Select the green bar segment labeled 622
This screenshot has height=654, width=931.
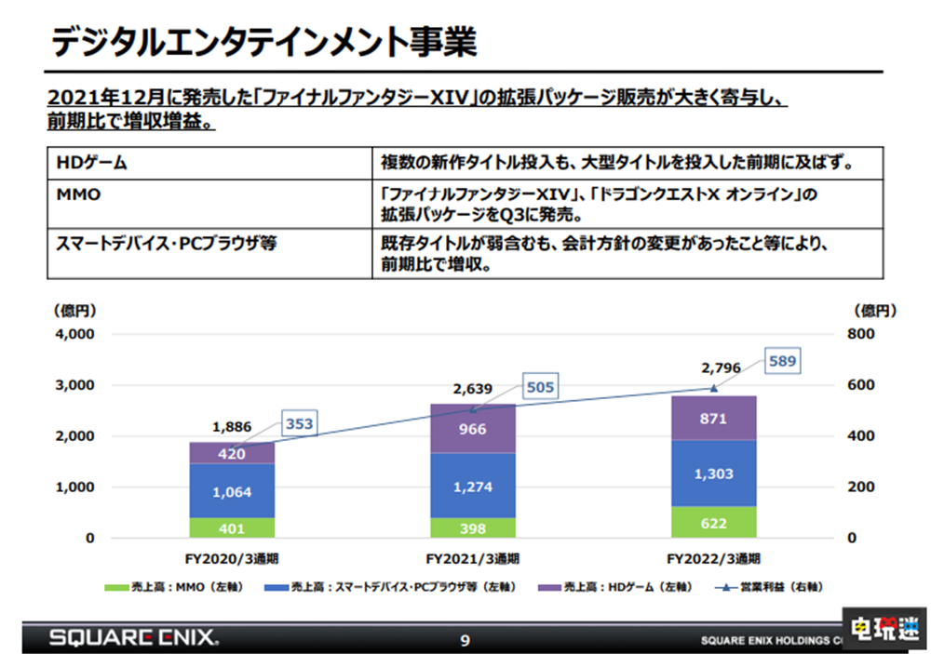click(x=713, y=522)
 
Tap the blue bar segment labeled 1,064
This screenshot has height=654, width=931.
click(x=231, y=490)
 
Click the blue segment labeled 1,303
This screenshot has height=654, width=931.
click(x=713, y=473)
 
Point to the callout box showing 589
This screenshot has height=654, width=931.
click(x=782, y=361)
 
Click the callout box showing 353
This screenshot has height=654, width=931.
click(x=299, y=425)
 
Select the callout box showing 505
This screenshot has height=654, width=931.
click(x=540, y=386)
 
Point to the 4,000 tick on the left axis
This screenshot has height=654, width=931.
click(x=77, y=334)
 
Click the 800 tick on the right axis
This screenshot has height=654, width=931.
click(x=863, y=334)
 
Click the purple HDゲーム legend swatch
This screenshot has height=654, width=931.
click(x=549, y=588)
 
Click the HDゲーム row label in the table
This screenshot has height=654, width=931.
click(x=90, y=163)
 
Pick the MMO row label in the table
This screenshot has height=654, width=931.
click(x=78, y=195)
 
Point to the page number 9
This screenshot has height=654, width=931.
click(x=465, y=640)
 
